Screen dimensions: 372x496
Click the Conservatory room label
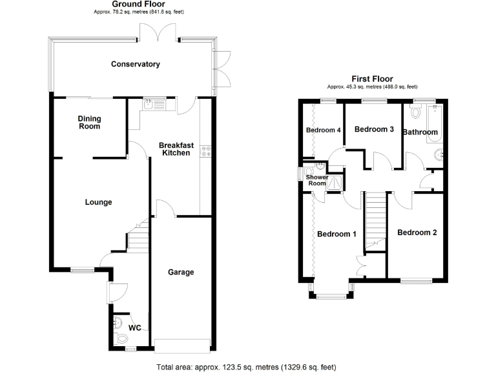tap(135, 64)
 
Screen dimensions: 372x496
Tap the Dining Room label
tap(89, 122)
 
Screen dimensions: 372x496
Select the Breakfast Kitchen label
tap(174, 149)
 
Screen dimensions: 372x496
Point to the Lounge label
tap(98, 202)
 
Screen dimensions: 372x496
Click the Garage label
tap(181, 272)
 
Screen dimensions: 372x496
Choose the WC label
tap(134, 327)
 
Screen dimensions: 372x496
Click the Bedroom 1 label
tap(336, 234)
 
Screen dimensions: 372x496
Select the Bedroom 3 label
tap(375, 129)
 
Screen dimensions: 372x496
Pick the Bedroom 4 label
tap(323, 130)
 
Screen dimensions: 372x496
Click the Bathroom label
tap(420, 132)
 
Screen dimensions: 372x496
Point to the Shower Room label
tap(316, 180)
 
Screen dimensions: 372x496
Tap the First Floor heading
tap(372, 79)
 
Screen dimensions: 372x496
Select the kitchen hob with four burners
tap(206, 152)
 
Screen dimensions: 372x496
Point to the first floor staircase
tap(375, 220)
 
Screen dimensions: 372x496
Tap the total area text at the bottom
tap(246, 367)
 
